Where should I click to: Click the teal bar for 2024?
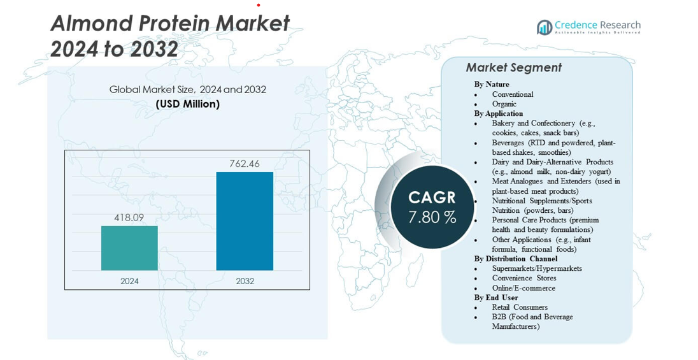(129, 248)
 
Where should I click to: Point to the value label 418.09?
(129, 218)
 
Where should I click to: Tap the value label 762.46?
(245, 164)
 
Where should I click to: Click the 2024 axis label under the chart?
(129, 281)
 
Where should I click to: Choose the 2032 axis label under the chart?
(245, 281)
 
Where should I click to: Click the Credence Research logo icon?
(545, 27)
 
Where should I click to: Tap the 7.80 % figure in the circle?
(432, 217)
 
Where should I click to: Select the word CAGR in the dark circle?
(432, 197)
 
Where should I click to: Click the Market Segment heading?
(513, 68)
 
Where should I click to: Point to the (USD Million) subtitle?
(188, 104)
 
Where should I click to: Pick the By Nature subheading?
(491, 84)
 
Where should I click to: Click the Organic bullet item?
(504, 104)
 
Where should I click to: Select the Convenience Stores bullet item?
(523, 278)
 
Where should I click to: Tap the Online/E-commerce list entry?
(523, 288)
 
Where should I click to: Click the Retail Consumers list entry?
(520, 307)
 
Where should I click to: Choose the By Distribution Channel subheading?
(515, 259)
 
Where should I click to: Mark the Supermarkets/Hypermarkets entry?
(537, 268)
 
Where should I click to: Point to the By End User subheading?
(495, 298)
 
